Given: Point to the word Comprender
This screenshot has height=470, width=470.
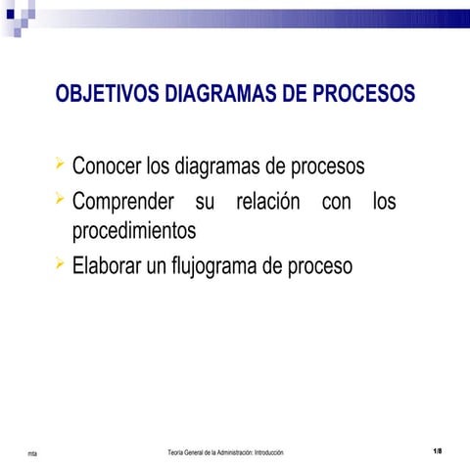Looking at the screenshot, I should coord(122,203).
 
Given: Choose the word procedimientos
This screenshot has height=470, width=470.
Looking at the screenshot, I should coord(134,232).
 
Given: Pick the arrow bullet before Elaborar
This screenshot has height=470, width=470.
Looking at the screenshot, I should coord(62,262).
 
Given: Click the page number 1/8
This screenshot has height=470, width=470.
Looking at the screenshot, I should coord(437,450).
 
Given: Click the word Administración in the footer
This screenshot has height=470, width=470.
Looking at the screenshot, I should coord(234,452).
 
